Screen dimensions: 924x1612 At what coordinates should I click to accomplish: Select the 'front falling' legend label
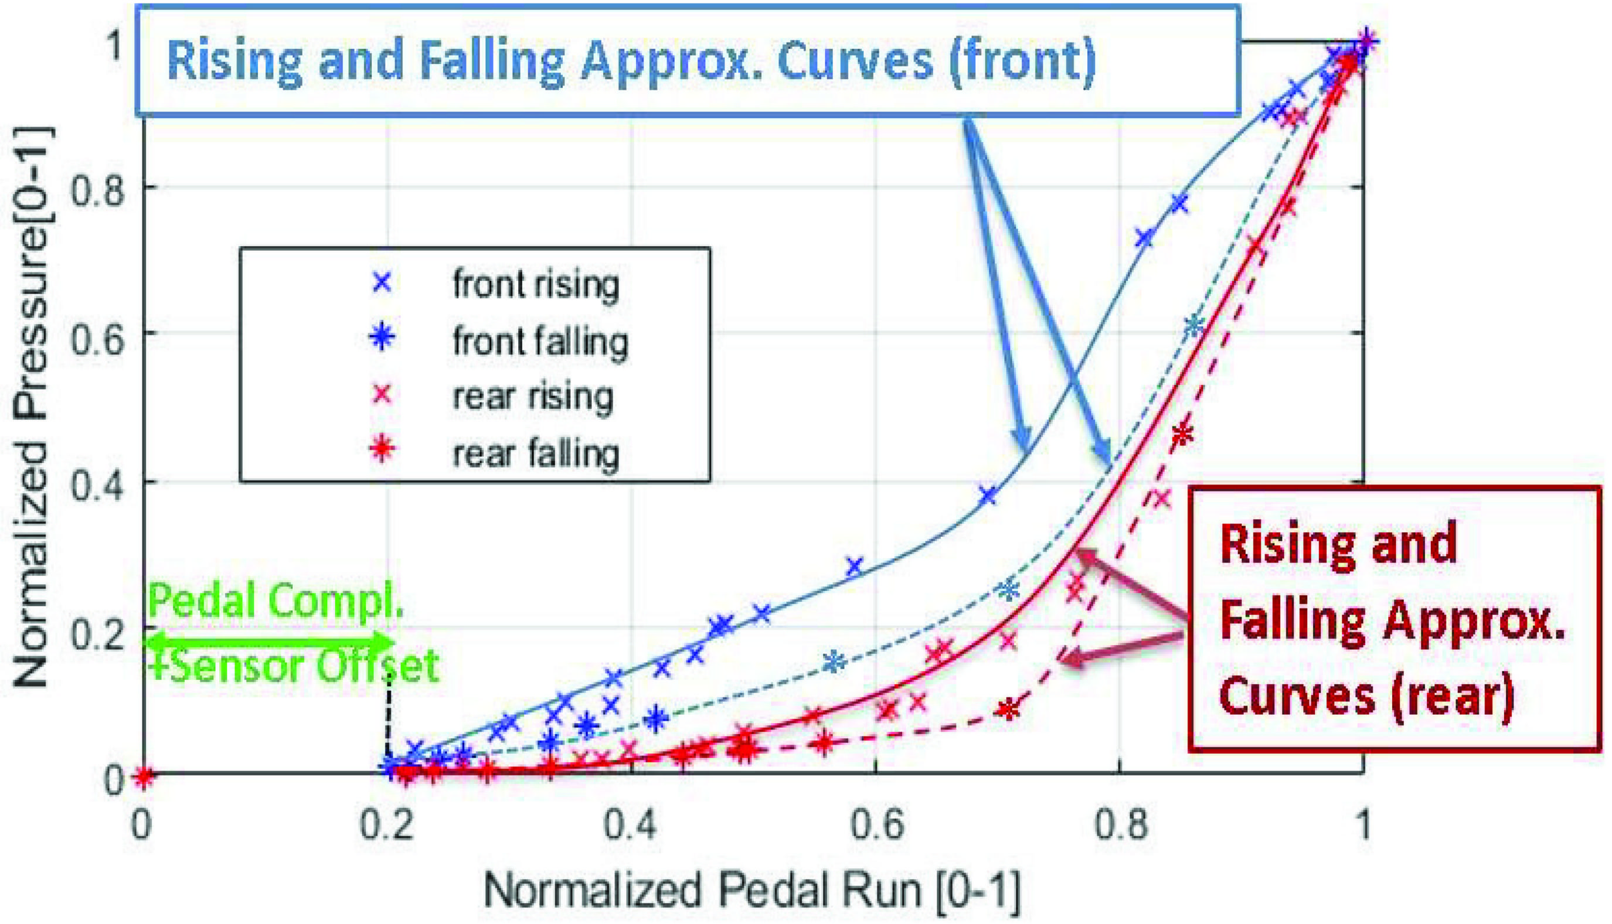[540, 342]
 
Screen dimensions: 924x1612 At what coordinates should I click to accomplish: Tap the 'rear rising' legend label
[533, 397]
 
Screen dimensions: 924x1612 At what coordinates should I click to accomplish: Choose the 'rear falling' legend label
[536, 453]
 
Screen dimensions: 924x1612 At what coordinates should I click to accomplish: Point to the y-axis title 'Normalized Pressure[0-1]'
[32, 406]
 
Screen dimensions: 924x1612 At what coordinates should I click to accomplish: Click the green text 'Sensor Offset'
[305, 666]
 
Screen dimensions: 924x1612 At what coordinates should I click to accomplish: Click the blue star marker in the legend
[382, 337]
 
